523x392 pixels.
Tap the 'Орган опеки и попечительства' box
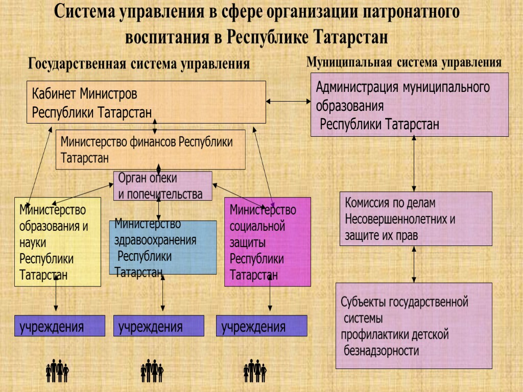(162, 186)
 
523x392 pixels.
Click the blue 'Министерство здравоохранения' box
(162, 247)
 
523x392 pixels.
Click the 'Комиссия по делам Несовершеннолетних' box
(415, 218)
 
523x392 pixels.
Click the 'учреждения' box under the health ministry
(158, 326)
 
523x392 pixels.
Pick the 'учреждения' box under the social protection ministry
(262, 326)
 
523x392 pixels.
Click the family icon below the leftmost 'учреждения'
(57, 371)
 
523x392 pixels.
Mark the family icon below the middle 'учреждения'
(152, 371)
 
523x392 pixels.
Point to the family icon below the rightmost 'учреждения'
(255, 371)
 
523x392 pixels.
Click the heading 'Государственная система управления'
(139, 64)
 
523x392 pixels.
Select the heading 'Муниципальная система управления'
(403, 62)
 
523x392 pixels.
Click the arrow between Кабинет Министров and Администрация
(289, 102)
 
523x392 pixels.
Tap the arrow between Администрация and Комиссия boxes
(414, 164)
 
